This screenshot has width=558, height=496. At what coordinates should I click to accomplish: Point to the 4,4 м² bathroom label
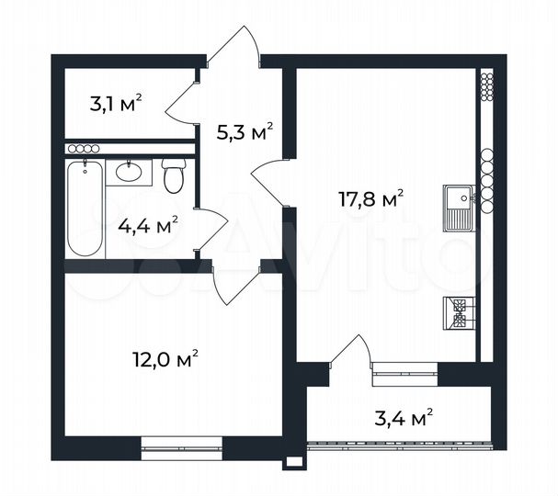pyautogui.click(x=147, y=223)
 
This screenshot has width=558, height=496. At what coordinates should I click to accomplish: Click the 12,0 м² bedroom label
pyautogui.click(x=165, y=359)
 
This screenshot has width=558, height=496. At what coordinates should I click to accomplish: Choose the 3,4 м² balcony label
pyautogui.click(x=402, y=420)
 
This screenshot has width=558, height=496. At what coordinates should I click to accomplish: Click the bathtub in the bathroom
pyautogui.click(x=85, y=209)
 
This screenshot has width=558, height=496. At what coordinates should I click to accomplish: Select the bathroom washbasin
pyautogui.click(x=127, y=171)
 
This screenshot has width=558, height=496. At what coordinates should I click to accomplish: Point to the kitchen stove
pyautogui.click(x=458, y=313)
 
